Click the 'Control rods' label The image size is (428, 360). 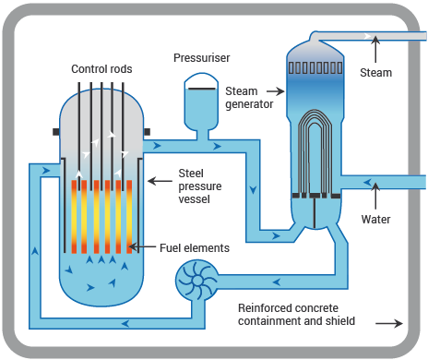pyautogui.click(x=101, y=70)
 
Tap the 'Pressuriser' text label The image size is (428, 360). pyautogui.click(x=201, y=58)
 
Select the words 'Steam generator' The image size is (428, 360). pyautogui.click(x=249, y=97)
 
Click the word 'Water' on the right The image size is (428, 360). pyautogui.click(x=375, y=220)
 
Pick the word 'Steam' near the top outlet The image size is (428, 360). pyautogui.click(x=375, y=72)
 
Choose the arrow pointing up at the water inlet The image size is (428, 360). pyautogui.click(x=375, y=198)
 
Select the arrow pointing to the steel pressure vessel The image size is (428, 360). pyautogui.click(x=158, y=173)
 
